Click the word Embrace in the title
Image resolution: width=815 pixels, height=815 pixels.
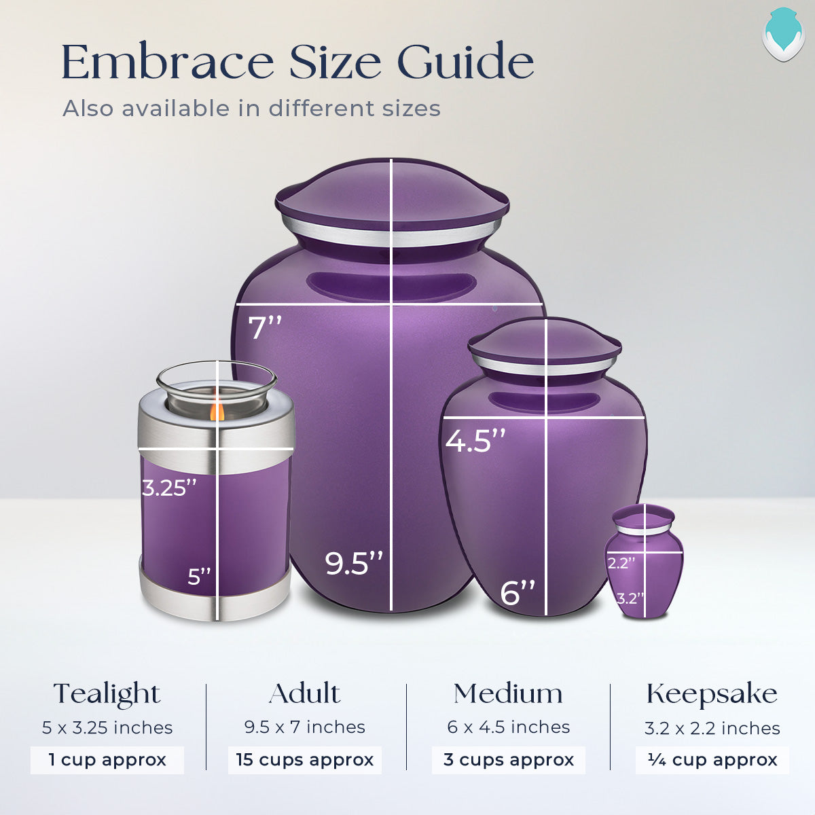click(x=168, y=62)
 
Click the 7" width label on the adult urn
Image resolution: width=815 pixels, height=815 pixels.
click(x=265, y=327)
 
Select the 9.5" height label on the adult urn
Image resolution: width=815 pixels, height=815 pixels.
click(x=354, y=563)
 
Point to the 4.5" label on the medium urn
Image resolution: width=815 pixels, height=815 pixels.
click(x=475, y=440)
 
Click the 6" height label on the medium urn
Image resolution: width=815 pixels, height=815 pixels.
click(x=518, y=592)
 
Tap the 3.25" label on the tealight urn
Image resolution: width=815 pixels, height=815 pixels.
click(x=169, y=488)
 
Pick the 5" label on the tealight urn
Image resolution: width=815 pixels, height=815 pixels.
click(x=200, y=577)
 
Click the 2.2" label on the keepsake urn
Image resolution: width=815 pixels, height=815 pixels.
click(x=621, y=562)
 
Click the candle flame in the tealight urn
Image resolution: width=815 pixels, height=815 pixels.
click(x=217, y=410)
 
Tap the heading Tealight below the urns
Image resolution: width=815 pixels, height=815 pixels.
click(x=107, y=694)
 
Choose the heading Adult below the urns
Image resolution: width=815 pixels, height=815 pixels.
click(x=304, y=694)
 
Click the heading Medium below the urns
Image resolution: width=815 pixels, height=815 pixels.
click(x=508, y=694)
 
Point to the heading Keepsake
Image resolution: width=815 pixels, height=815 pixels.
click(x=712, y=694)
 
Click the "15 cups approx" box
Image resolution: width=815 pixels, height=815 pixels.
click(x=304, y=759)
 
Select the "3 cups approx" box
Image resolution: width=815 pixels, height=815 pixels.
click(x=508, y=759)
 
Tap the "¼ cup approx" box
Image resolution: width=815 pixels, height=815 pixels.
click(x=712, y=759)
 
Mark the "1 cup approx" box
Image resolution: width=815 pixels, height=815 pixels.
click(x=107, y=759)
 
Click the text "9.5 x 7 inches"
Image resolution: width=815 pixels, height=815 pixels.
click(x=304, y=727)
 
